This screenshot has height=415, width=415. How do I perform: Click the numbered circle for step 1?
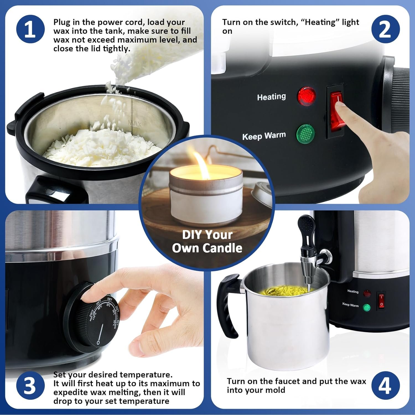click(30, 29)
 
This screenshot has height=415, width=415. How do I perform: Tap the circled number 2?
click(385, 29)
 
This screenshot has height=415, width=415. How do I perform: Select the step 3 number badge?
click(30, 386)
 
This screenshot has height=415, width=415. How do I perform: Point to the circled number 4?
click(385, 386)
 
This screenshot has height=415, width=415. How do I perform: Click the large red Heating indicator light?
click(306, 96)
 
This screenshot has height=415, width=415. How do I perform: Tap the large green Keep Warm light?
click(305, 134)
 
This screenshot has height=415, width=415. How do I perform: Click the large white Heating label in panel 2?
click(271, 97)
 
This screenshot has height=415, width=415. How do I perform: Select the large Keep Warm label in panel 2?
click(264, 136)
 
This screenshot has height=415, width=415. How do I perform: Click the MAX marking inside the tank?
click(135, 123)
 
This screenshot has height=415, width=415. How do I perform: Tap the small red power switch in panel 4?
click(381, 301)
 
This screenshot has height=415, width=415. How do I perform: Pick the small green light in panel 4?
click(367, 307)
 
